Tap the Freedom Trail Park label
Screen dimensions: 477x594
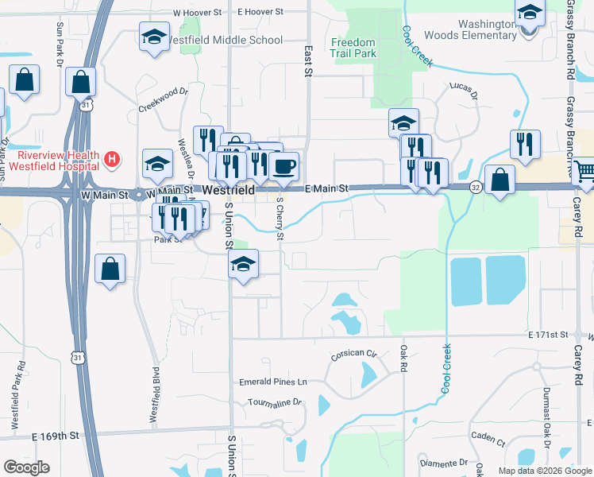(x=353, y=48)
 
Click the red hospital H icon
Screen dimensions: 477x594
(x=112, y=160)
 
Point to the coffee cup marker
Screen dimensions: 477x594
(x=283, y=166)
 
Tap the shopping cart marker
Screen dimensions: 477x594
(x=585, y=170)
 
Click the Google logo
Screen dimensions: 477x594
(x=26, y=467)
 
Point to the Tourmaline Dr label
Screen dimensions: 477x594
(x=275, y=403)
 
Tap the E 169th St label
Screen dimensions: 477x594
(x=56, y=436)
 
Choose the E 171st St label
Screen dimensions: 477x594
(x=549, y=337)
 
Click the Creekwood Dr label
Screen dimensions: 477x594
(x=163, y=103)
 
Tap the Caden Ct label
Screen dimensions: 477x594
(x=487, y=438)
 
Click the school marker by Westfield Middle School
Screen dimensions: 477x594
(x=154, y=37)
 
